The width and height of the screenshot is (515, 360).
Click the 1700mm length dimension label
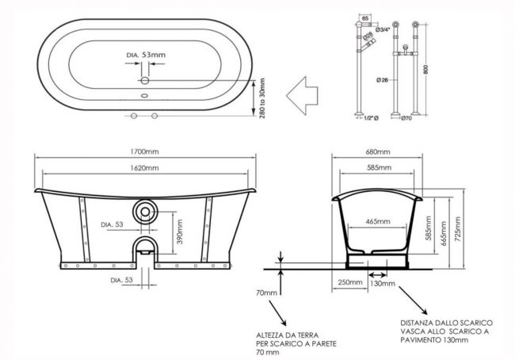144,151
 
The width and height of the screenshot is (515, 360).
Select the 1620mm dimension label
144,168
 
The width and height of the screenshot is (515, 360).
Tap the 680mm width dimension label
378,152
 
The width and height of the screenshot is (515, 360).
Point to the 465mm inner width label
378,221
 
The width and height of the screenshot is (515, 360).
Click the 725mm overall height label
459,229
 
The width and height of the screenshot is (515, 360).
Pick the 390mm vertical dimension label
180,232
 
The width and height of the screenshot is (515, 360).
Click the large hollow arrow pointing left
302,96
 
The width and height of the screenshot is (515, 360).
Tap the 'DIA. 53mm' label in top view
146,55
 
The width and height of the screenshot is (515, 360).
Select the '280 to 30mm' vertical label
261,98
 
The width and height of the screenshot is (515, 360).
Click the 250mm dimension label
350,282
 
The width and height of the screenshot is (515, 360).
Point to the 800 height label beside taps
426,69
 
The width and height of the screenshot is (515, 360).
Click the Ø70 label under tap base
406,118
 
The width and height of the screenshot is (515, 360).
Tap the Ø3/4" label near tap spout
383,29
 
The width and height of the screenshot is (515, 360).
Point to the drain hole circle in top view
145,80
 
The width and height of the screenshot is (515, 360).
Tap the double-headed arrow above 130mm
378,274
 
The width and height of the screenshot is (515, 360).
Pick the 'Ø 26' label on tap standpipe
383,79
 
